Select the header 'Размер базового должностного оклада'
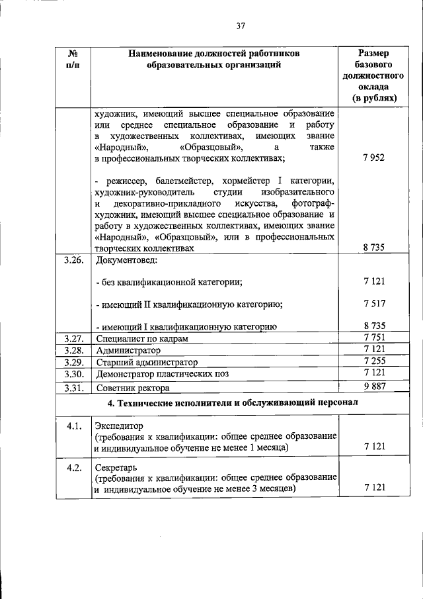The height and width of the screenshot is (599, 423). pyautogui.click(x=373, y=75)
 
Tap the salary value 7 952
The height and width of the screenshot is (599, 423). pyautogui.click(x=374, y=159)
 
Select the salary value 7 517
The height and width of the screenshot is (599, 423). pyautogui.click(x=374, y=304)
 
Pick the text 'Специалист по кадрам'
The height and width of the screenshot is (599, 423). pyautogui.click(x=141, y=339)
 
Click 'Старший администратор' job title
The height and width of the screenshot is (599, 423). pyautogui.click(x=147, y=363)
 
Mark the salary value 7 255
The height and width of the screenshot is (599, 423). pyautogui.click(x=374, y=362)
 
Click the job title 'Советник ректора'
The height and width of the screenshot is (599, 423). pyautogui.click(x=132, y=387)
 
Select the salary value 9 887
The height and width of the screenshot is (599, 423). pyautogui.click(x=374, y=387)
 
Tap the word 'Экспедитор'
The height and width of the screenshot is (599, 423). pyautogui.click(x=119, y=426)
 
